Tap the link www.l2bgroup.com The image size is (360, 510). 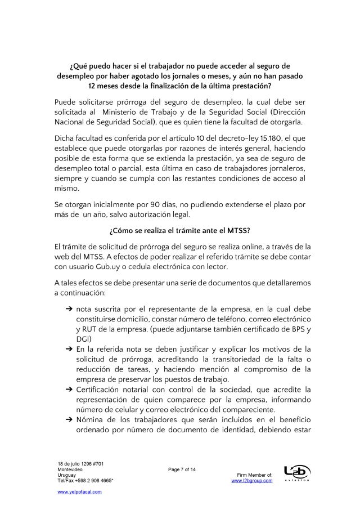tap(252, 480)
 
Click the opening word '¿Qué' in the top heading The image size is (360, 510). tap(79, 65)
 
